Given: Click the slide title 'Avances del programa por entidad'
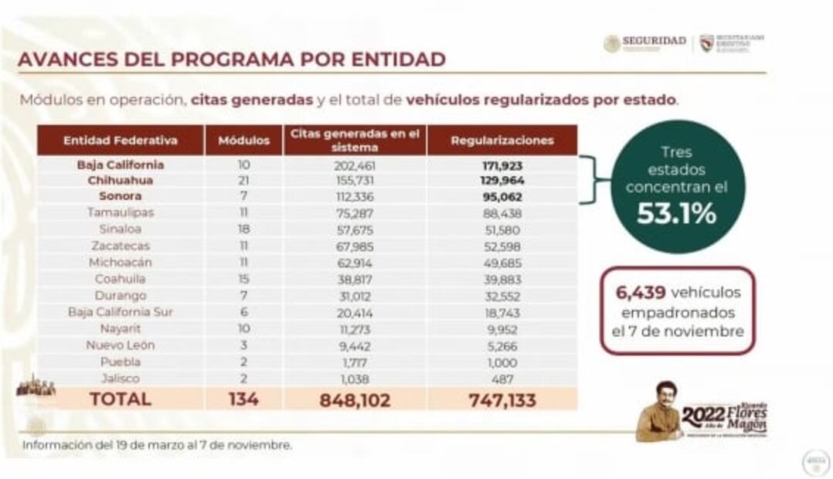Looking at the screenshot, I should (x=231, y=59).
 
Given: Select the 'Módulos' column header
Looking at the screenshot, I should (x=243, y=141).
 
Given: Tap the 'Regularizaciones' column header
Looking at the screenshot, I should (x=501, y=141).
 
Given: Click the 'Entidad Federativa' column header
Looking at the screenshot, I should (x=121, y=141).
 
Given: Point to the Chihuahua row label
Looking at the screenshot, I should (x=120, y=180).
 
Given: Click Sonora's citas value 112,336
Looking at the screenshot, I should (x=353, y=196).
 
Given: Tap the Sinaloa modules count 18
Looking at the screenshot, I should (x=243, y=229).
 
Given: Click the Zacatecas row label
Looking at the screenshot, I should (x=120, y=246).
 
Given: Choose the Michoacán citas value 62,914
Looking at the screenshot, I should (x=353, y=263).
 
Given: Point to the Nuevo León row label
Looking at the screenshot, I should (x=120, y=345).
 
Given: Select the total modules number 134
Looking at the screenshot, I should (x=243, y=399).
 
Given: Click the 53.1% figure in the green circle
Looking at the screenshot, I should (x=676, y=214).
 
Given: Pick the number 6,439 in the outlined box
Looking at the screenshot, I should (x=638, y=292).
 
